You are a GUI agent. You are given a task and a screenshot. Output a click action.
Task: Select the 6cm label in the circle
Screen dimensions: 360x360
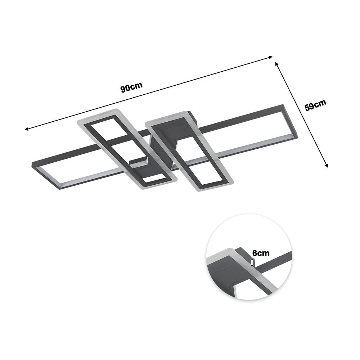click(x=261, y=253)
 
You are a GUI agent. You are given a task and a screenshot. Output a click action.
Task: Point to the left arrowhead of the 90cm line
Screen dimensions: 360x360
click(x=26, y=129)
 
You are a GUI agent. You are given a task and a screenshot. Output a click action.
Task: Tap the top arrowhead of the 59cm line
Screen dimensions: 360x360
click(x=276, y=63)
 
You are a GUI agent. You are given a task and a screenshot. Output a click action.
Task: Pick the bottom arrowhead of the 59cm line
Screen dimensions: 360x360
click(x=327, y=166)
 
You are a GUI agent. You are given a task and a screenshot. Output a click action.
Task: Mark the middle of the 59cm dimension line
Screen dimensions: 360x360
click(x=302, y=114)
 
